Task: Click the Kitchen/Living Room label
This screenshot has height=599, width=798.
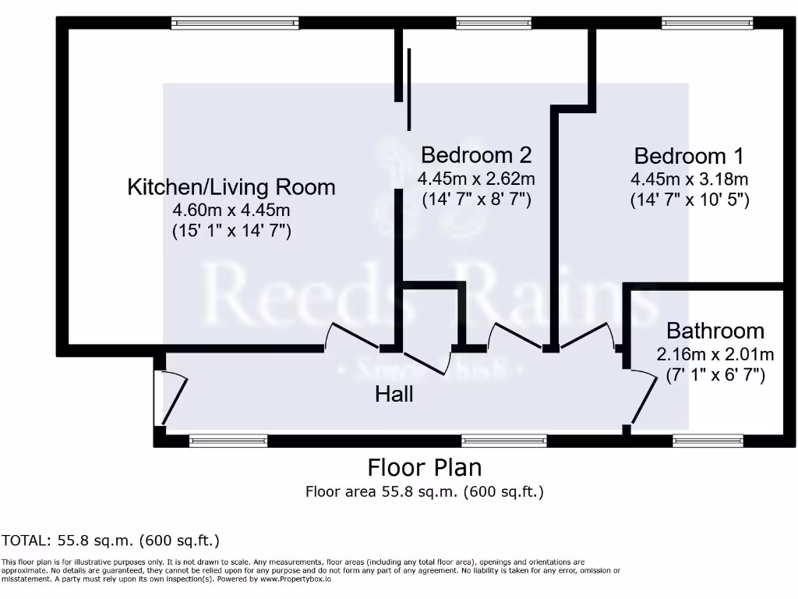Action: click(231, 187)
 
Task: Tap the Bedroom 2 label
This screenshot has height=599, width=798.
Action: click(476, 154)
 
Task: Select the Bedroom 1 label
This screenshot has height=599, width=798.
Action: click(689, 154)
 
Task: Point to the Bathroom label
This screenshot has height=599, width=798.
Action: click(715, 331)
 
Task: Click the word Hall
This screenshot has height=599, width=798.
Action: click(394, 395)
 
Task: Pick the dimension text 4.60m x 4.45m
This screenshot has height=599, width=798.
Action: click(231, 210)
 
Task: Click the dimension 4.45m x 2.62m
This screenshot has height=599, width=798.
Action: click(476, 179)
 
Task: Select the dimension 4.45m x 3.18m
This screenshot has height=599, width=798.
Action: click(689, 179)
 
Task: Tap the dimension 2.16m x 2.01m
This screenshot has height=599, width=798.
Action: click(715, 354)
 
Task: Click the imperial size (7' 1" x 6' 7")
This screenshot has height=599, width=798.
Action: click(715, 374)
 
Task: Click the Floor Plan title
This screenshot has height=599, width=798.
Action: click(424, 467)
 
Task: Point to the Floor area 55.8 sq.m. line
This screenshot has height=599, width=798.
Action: click(424, 491)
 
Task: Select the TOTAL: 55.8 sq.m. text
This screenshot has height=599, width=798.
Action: click(111, 540)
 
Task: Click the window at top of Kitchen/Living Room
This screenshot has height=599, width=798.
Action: click(235, 23)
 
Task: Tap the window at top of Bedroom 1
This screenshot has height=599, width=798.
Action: click(707, 23)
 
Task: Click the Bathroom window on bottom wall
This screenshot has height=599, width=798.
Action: click(708, 441)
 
